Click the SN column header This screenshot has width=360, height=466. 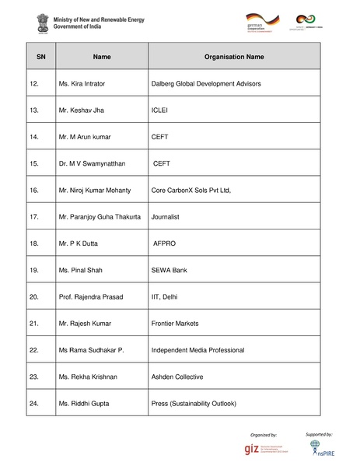pyautogui.click(x=41, y=57)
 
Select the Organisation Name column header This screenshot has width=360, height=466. pyautogui.click(x=233, y=57)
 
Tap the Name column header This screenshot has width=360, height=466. pyautogui.click(x=102, y=57)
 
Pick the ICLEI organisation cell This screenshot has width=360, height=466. pyautogui.click(x=159, y=110)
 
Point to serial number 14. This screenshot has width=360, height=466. pyautogui.click(x=33, y=137)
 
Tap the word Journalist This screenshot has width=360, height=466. pyautogui.click(x=166, y=216)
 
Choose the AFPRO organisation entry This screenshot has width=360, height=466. pyautogui.click(x=164, y=244)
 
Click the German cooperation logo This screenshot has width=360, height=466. pyautogui.click(x=260, y=21)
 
